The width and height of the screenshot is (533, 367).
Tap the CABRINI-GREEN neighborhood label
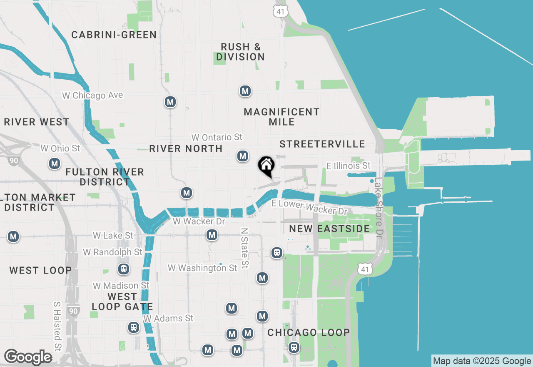[x=114, y=35]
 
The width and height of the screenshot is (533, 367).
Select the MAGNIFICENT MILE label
[x=281, y=117]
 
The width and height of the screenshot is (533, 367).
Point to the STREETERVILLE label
[x=322, y=144]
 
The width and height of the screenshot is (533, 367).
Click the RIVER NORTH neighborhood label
[x=186, y=148]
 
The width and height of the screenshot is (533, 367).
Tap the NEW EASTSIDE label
[x=329, y=229]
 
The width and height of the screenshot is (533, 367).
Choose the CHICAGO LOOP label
[x=309, y=332]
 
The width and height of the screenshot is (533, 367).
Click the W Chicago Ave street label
[x=92, y=96]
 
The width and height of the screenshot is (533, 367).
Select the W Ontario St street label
[x=217, y=137]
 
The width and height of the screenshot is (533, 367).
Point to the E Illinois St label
[x=348, y=166]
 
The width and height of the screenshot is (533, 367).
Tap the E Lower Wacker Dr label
[x=309, y=207]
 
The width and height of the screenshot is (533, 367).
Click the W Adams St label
[x=168, y=318]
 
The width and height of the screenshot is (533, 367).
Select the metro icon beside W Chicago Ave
[x=170, y=102]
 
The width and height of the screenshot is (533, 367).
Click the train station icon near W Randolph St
[x=123, y=269]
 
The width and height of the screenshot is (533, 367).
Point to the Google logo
[x=28, y=357]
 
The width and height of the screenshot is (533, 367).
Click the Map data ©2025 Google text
[x=482, y=361]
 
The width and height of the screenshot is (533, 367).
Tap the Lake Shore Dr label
[x=379, y=207]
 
